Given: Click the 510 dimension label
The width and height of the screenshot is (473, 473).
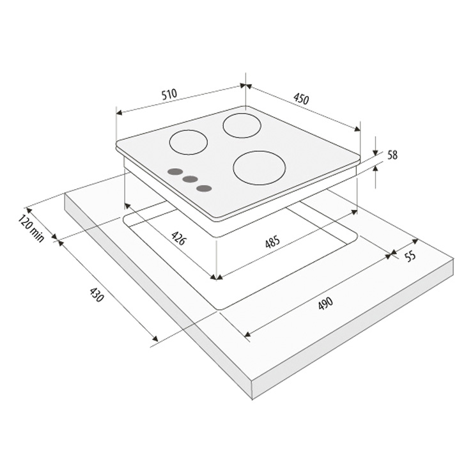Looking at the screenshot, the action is click(169, 94).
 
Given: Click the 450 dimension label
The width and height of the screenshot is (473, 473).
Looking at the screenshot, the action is click(301, 98).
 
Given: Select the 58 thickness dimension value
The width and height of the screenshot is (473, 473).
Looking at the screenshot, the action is click(392, 155).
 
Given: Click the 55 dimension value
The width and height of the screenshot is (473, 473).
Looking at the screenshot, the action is click(410, 256).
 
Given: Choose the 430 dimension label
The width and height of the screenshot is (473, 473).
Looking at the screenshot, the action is click(97, 295).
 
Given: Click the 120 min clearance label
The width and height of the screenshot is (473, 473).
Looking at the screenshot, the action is click(31, 228).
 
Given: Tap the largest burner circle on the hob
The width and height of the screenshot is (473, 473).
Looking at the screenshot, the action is click(260, 167).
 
